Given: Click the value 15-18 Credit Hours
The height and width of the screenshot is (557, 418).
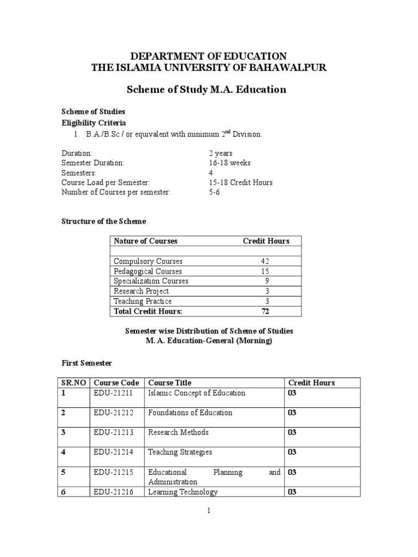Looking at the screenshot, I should (240, 183).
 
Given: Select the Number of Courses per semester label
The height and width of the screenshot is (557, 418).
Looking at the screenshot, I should (116, 193).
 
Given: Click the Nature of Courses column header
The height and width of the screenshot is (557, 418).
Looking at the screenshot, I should (145, 241).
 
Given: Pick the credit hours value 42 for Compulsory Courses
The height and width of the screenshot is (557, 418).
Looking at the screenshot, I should (265, 261).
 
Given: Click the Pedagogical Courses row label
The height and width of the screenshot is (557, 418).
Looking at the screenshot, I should (148, 271).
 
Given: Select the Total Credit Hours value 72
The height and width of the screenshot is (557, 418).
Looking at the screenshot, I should (265, 311).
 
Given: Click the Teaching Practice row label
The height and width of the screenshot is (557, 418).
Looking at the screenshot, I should (143, 301).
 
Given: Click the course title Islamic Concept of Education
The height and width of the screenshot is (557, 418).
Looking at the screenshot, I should (196, 393).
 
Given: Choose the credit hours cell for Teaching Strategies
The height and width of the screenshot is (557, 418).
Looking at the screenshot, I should (292, 452).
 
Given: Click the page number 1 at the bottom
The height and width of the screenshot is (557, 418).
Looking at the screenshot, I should (209, 511).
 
